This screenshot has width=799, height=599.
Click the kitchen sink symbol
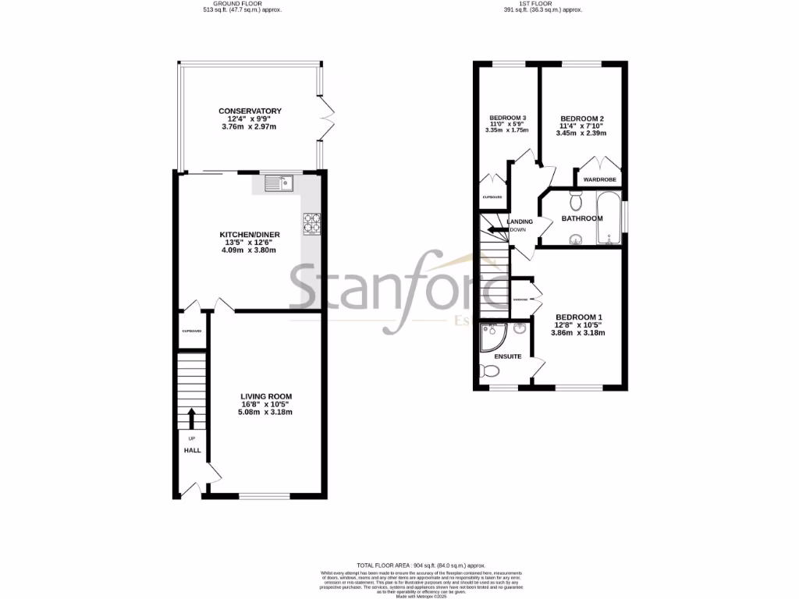pos(278,183)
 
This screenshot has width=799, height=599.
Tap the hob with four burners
pos(314,224)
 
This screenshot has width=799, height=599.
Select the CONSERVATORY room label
pos(250,112)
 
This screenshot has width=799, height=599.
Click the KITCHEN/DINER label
pos(250,234)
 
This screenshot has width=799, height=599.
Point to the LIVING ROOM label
pos(265,396)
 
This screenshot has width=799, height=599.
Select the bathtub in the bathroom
pos(609,218)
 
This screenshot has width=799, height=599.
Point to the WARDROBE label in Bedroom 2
pos(600,179)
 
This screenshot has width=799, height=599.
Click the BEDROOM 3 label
pos(507,119)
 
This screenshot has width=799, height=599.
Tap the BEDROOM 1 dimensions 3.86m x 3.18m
pos(578,333)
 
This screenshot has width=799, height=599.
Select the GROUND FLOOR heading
pos(247,4)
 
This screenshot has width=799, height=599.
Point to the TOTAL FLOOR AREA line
pos(421,565)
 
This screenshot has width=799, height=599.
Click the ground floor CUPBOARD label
pos(192,332)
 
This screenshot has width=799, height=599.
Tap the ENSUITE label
pos(507,356)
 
